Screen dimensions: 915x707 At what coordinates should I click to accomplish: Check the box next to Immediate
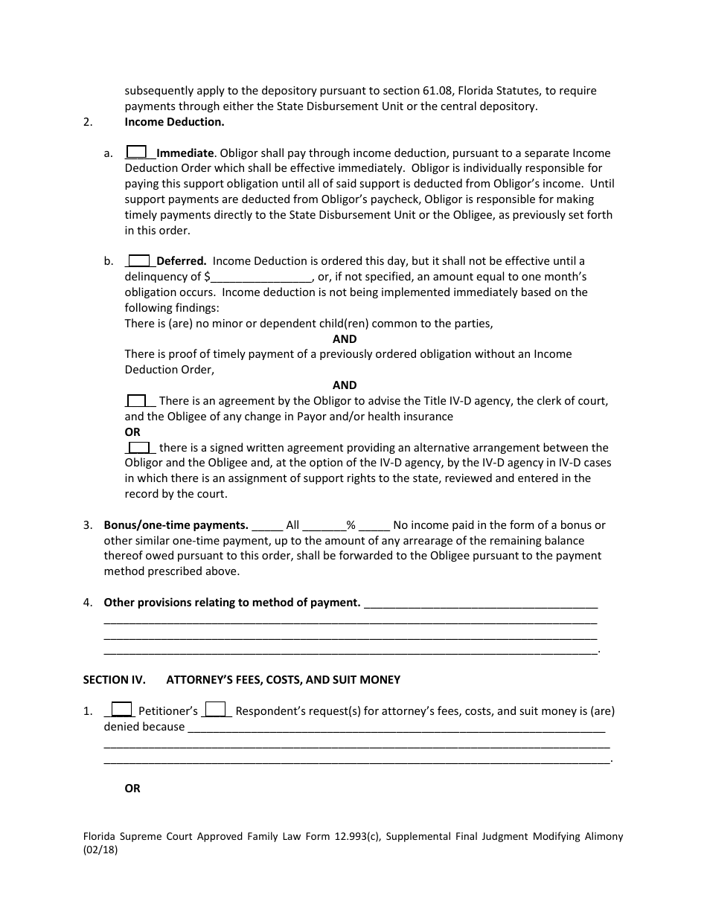(136, 152)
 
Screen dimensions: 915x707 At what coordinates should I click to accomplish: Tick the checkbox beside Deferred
(138, 260)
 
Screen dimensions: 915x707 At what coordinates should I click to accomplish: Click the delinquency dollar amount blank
(261, 277)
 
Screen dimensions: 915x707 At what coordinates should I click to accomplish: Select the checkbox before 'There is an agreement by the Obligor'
(136, 400)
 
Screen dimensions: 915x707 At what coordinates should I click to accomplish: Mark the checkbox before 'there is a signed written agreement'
(138, 447)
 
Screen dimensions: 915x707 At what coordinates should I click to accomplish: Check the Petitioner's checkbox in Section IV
(121, 710)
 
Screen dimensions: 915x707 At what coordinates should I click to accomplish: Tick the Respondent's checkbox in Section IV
(215, 710)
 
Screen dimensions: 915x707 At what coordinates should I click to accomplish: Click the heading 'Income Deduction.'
(174, 121)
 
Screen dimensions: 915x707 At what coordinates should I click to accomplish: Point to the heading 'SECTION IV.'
(112, 679)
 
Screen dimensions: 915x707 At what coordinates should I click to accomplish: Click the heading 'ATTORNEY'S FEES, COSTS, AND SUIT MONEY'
(283, 679)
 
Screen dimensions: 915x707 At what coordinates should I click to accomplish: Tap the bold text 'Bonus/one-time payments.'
(176, 525)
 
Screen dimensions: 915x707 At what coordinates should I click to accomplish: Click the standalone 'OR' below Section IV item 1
(132, 789)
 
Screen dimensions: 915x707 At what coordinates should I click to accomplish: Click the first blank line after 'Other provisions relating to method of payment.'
(480, 603)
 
